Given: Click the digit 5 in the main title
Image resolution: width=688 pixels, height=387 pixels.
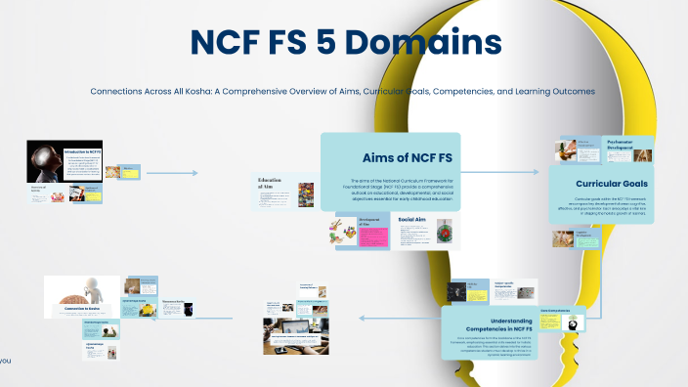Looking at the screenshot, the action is (322, 43).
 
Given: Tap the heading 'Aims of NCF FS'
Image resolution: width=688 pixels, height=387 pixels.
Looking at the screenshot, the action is (401, 156).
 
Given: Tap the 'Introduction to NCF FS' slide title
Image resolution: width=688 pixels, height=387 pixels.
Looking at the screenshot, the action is (81, 152).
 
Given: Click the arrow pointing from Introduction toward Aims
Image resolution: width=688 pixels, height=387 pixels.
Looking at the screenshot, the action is (176, 173).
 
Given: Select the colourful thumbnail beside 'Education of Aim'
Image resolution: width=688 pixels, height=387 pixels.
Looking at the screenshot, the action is (306, 193).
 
